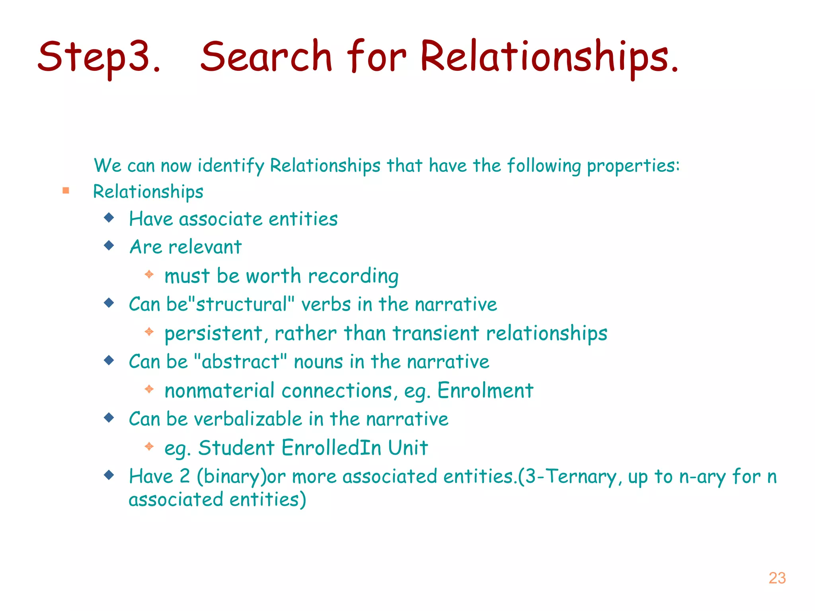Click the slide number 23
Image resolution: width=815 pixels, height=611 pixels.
[x=777, y=578]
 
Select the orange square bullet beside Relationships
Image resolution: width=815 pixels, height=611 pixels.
[x=66, y=191]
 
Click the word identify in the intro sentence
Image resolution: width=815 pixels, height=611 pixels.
[x=231, y=166]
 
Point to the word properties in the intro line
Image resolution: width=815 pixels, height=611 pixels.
[x=633, y=166]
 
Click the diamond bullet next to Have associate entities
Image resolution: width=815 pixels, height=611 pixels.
[x=109, y=218]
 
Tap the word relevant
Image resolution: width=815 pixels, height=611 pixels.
[x=205, y=247]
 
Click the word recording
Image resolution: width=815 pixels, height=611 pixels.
[x=353, y=276]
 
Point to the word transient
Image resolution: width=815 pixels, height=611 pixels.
[x=435, y=333]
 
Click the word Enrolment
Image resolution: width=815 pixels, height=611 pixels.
[x=485, y=391]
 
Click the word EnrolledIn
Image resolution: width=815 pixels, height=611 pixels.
[x=331, y=448]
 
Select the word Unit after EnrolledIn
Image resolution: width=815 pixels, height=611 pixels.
[x=408, y=448]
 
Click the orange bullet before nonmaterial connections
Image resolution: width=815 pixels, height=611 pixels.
[x=149, y=389]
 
